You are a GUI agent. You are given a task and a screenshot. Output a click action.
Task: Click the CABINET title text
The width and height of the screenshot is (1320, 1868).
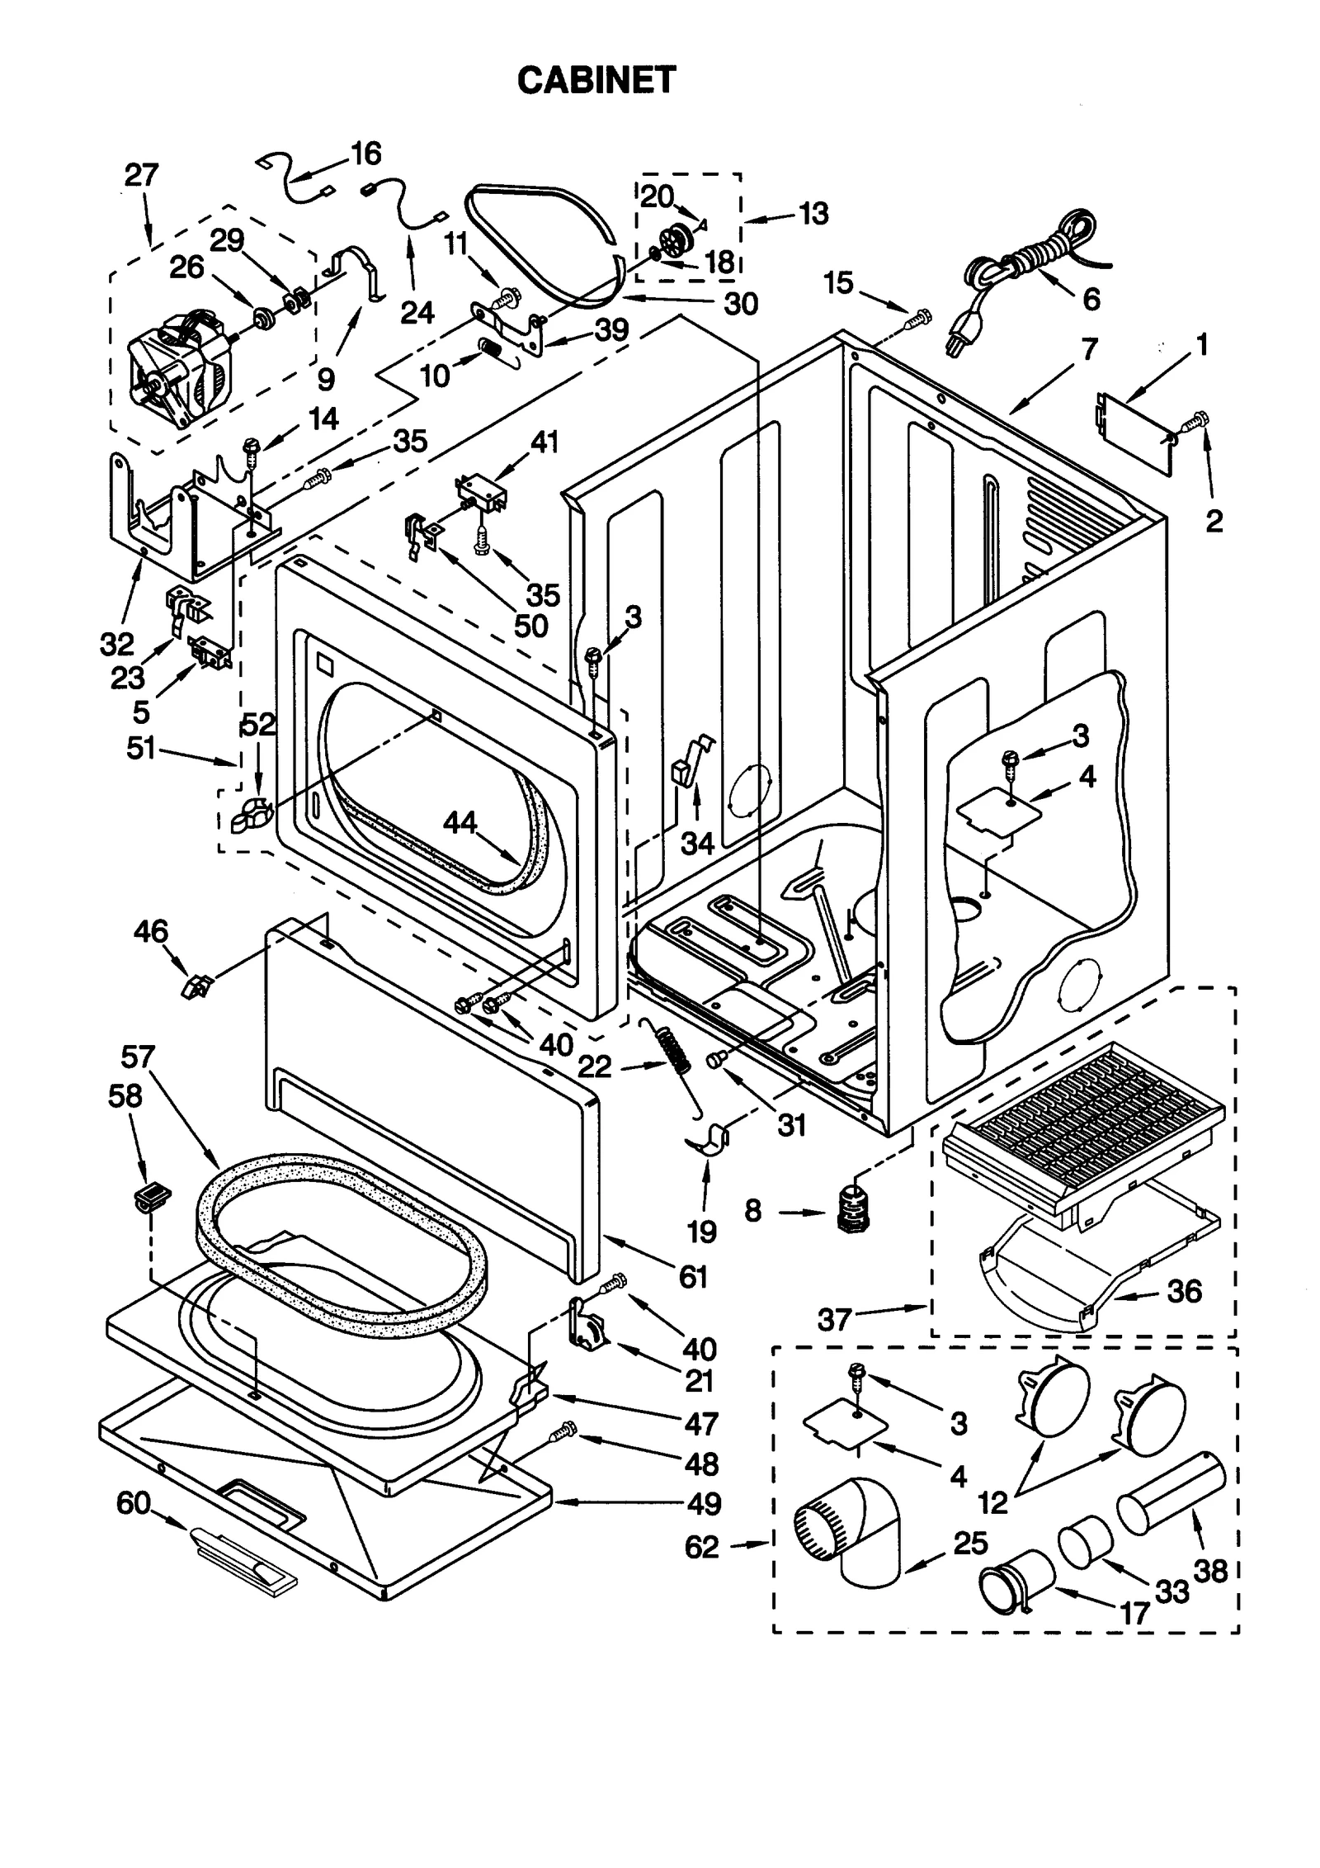[596, 80]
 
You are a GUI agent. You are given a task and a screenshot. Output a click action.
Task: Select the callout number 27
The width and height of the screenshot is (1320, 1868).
[141, 175]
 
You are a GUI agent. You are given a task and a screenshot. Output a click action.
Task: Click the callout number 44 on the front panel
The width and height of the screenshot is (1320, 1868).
[460, 822]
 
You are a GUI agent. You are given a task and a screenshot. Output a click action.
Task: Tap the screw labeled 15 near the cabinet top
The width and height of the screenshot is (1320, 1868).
[918, 317]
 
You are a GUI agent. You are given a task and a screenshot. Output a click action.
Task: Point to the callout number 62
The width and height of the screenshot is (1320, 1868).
[701, 1547]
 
